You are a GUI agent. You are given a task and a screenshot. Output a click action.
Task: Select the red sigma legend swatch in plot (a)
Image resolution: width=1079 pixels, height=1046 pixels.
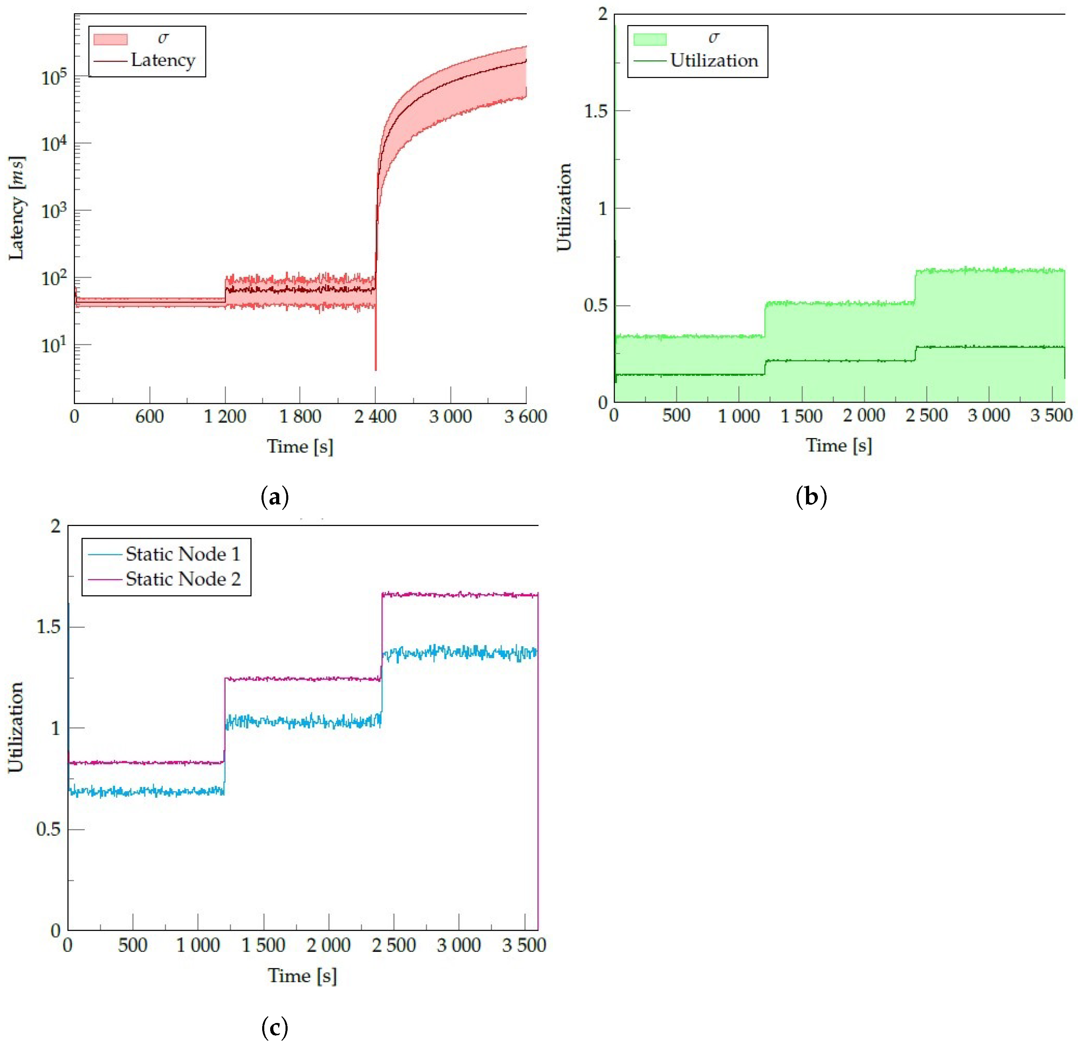click(x=110, y=39)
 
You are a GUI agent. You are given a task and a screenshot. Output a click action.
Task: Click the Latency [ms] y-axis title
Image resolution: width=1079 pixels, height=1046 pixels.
click(x=16, y=208)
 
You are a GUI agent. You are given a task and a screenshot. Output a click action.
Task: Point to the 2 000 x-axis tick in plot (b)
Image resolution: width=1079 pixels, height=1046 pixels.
click(x=864, y=416)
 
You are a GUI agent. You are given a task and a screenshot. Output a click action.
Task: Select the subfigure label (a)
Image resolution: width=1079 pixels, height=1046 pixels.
click(x=274, y=497)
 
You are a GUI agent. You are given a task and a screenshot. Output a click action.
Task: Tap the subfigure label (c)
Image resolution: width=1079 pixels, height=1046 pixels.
click(x=274, y=1027)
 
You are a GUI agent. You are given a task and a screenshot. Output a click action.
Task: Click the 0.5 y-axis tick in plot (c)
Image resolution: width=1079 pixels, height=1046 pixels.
click(x=48, y=829)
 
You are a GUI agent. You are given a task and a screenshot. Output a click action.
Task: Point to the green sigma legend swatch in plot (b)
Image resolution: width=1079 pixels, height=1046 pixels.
click(x=649, y=39)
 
